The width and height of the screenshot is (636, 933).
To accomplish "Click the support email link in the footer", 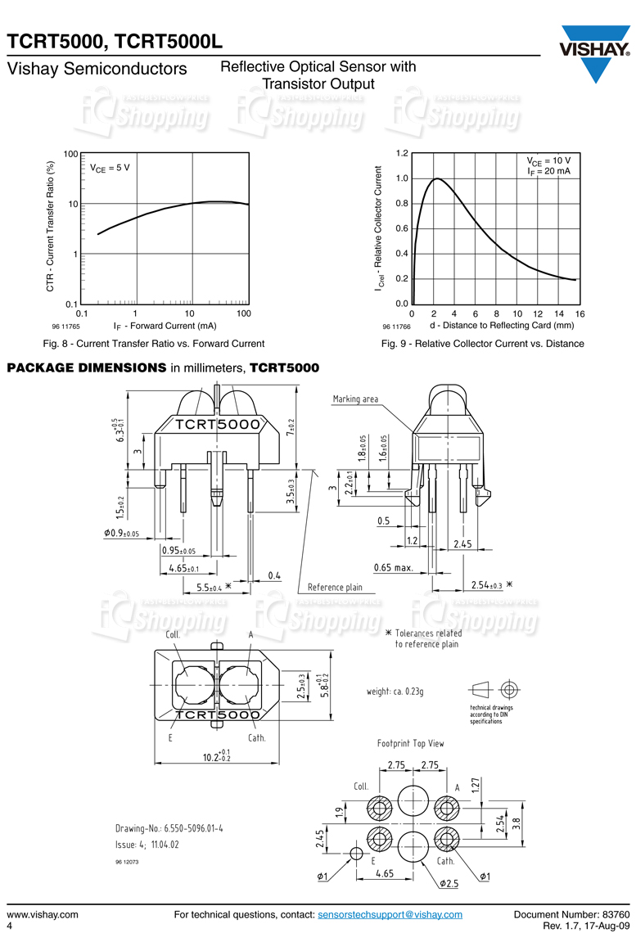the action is pyautogui.click(x=390, y=914).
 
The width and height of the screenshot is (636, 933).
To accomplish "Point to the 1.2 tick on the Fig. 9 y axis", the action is pyautogui.click(x=402, y=154).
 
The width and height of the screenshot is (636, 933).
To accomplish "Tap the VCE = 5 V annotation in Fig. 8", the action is pyautogui.click(x=110, y=169).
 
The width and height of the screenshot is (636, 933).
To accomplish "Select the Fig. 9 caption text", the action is pyautogui.click(x=482, y=344).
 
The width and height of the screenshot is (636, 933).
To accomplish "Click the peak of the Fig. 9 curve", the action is pyautogui.click(x=437, y=178).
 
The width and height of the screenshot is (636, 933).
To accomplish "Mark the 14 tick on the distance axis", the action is pyautogui.click(x=559, y=313).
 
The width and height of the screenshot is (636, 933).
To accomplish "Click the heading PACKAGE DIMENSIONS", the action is pyautogui.click(x=87, y=367).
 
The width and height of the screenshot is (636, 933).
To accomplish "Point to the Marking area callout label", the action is pyautogui.click(x=355, y=399).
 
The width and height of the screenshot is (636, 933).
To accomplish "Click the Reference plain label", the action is pyautogui.click(x=334, y=588).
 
